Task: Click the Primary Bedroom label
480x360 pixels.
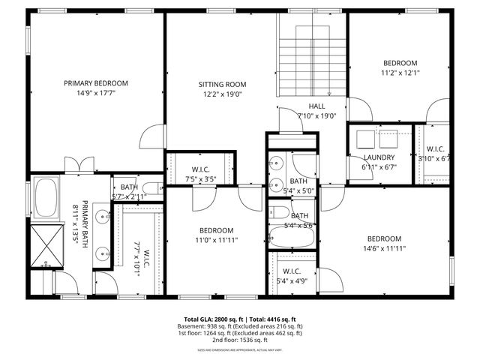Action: (95, 83)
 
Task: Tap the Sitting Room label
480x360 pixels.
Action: (222, 85)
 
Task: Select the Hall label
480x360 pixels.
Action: (316, 106)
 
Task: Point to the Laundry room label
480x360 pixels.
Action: (379, 157)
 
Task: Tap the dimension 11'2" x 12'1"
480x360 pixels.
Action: (400, 73)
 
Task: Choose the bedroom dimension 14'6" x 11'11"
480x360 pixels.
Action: (384, 248)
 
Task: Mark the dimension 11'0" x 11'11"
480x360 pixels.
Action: (216, 240)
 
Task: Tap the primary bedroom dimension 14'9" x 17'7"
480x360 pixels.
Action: (95, 93)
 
